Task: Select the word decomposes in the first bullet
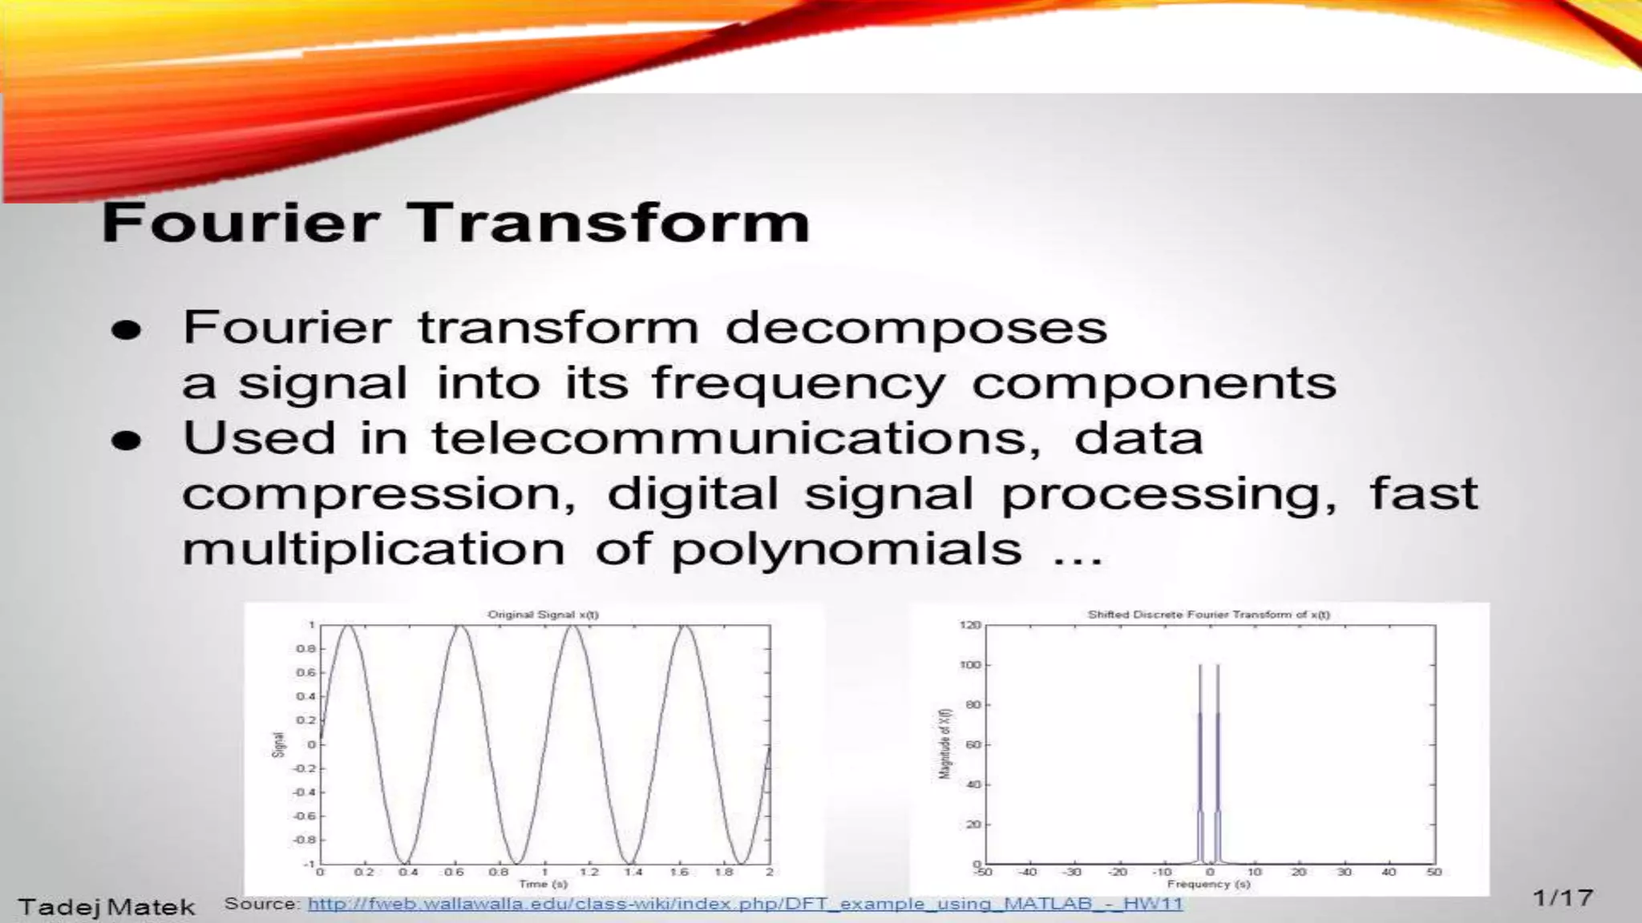click(916, 328)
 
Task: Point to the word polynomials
click(847, 550)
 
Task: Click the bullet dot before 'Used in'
click(127, 441)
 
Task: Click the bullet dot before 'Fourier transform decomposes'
click(127, 330)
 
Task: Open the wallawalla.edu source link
click(745, 904)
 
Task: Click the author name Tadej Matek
click(107, 907)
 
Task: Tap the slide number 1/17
click(1563, 897)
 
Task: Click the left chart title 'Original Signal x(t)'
click(543, 615)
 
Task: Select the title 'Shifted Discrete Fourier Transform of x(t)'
click(1208, 615)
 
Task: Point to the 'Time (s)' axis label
click(543, 884)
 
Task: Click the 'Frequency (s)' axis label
click(1208, 884)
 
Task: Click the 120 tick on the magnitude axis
click(970, 625)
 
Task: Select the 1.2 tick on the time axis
click(588, 872)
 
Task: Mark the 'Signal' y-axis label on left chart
click(278, 744)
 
